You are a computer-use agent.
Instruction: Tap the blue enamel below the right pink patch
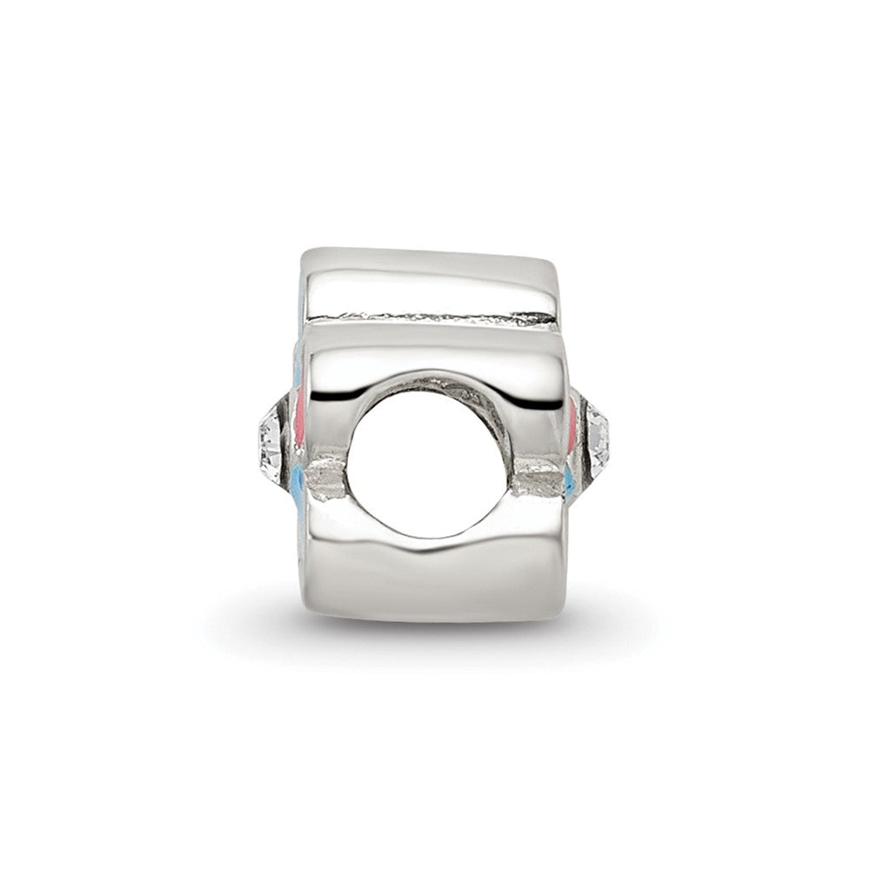point(570,480)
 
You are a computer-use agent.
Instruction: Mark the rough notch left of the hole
point(327,478)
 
